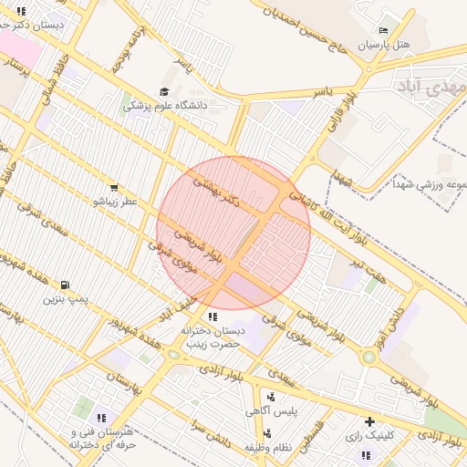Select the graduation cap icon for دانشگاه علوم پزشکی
tap(164, 91)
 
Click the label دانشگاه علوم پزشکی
tap(166, 106)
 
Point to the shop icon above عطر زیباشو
tap(113, 187)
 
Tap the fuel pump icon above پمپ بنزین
tap(64, 285)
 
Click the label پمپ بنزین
tap(65, 298)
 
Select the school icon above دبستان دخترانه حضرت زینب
tap(213, 316)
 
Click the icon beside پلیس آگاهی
tap(271, 396)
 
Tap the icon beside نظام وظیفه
tap(271, 432)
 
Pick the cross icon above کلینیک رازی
tap(369, 421)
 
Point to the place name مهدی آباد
tap(431, 87)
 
